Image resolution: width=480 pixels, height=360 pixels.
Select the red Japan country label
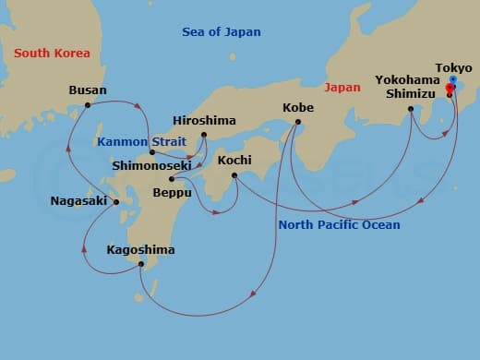point(342,88)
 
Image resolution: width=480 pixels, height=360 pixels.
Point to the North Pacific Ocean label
point(339,225)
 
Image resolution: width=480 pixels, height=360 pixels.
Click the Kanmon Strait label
point(138,141)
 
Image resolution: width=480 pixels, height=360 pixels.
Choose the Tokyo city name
point(453,67)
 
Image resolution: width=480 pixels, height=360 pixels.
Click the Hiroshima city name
point(204,121)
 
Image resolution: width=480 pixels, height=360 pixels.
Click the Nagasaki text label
point(78,200)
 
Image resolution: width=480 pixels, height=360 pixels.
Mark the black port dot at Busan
point(88,104)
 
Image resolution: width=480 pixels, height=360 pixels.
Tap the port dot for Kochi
point(234,175)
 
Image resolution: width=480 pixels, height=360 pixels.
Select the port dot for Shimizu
point(411,109)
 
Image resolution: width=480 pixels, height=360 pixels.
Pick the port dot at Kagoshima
point(140,265)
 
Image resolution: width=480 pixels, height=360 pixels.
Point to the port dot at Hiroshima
point(204,137)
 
